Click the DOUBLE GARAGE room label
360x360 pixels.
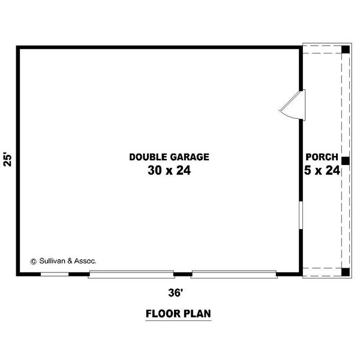pyautogui.click(x=169, y=157)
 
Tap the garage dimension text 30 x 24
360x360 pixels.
pyautogui.click(x=169, y=170)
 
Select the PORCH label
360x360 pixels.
pyautogui.click(x=322, y=157)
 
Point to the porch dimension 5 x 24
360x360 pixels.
pyautogui.click(x=322, y=170)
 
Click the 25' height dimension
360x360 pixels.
pyautogui.click(x=8, y=159)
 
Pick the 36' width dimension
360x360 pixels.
pyautogui.click(x=176, y=293)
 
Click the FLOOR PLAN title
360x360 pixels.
pyautogui.click(x=178, y=314)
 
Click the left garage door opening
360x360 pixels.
pyautogui.click(x=131, y=274)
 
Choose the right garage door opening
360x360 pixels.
pyautogui.click(x=234, y=274)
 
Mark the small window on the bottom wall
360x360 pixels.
pyautogui.click(x=55, y=274)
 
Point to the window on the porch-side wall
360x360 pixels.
pyautogui.click(x=301, y=215)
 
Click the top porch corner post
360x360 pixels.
pyautogui.click(x=346, y=50)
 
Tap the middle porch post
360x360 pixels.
pyautogui.click(x=346, y=161)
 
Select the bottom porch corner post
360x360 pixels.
pyautogui.click(x=346, y=272)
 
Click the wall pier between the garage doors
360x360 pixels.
pyautogui.click(x=183, y=274)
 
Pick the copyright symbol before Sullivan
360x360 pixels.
pyautogui.click(x=34, y=262)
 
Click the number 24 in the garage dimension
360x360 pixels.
pyautogui.click(x=184, y=170)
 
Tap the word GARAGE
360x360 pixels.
pyautogui.click(x=190, y=157)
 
